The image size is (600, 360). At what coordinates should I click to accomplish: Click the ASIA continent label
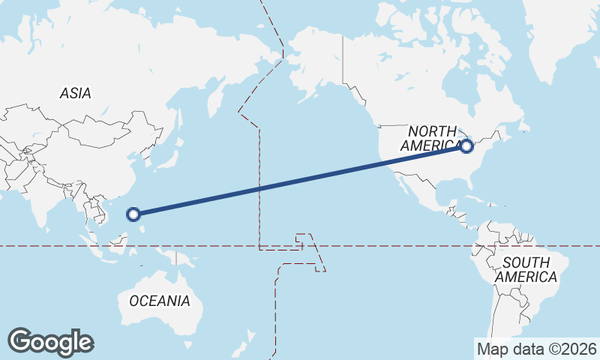75,94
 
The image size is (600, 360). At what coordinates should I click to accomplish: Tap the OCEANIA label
159,301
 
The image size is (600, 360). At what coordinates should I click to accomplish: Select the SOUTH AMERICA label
530,270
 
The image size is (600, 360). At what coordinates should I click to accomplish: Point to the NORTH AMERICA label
432,139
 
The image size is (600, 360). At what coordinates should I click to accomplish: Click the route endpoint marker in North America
466,146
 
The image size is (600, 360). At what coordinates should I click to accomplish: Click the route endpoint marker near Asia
133,214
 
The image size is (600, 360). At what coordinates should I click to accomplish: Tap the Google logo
50,342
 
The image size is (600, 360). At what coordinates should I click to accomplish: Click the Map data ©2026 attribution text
537,349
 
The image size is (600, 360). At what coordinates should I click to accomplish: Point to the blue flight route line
300,181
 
